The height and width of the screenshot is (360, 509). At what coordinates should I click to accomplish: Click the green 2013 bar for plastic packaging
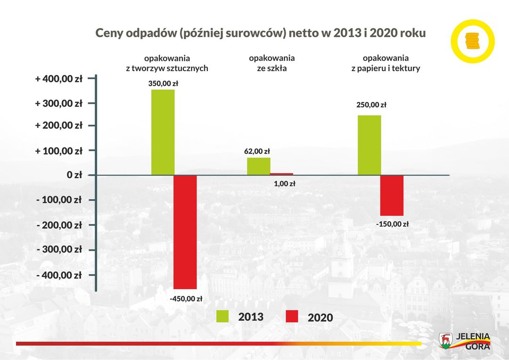click(x=163, y=132)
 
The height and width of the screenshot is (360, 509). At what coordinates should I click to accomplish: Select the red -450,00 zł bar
click(x=185, y=232)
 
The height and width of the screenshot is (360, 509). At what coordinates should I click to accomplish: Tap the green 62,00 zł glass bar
click(x=259, y=166)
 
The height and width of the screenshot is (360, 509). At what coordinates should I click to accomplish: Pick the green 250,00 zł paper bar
click(x=369, y=145)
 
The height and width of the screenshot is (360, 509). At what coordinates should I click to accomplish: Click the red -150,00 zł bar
click(x=392, y=196)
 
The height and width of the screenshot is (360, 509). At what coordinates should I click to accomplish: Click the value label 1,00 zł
click(x=284, y=184)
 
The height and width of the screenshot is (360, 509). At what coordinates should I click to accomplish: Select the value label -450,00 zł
click(x=186, y=298)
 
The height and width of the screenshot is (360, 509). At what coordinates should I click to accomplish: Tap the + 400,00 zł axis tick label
click(x=59, y=79)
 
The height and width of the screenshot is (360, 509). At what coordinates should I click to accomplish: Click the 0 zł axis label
click(x=75, y=175)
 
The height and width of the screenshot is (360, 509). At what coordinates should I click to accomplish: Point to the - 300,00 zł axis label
click(x=59, y=250)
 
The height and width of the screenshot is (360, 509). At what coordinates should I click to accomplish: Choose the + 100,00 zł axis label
click(x=59, y=151)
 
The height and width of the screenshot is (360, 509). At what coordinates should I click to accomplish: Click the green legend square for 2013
click(x=222, y=316)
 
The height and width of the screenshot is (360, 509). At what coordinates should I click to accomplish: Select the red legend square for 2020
click(x=292, y=317)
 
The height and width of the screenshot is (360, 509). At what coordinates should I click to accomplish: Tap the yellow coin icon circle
click(x=472, y=41)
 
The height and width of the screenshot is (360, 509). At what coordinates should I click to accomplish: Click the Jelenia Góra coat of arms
click(x=445, y=340)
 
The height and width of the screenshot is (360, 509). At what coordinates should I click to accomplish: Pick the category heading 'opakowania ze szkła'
click(x=271, y=63)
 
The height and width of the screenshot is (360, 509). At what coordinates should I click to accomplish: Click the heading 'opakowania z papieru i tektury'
click(x=386, y=63)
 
